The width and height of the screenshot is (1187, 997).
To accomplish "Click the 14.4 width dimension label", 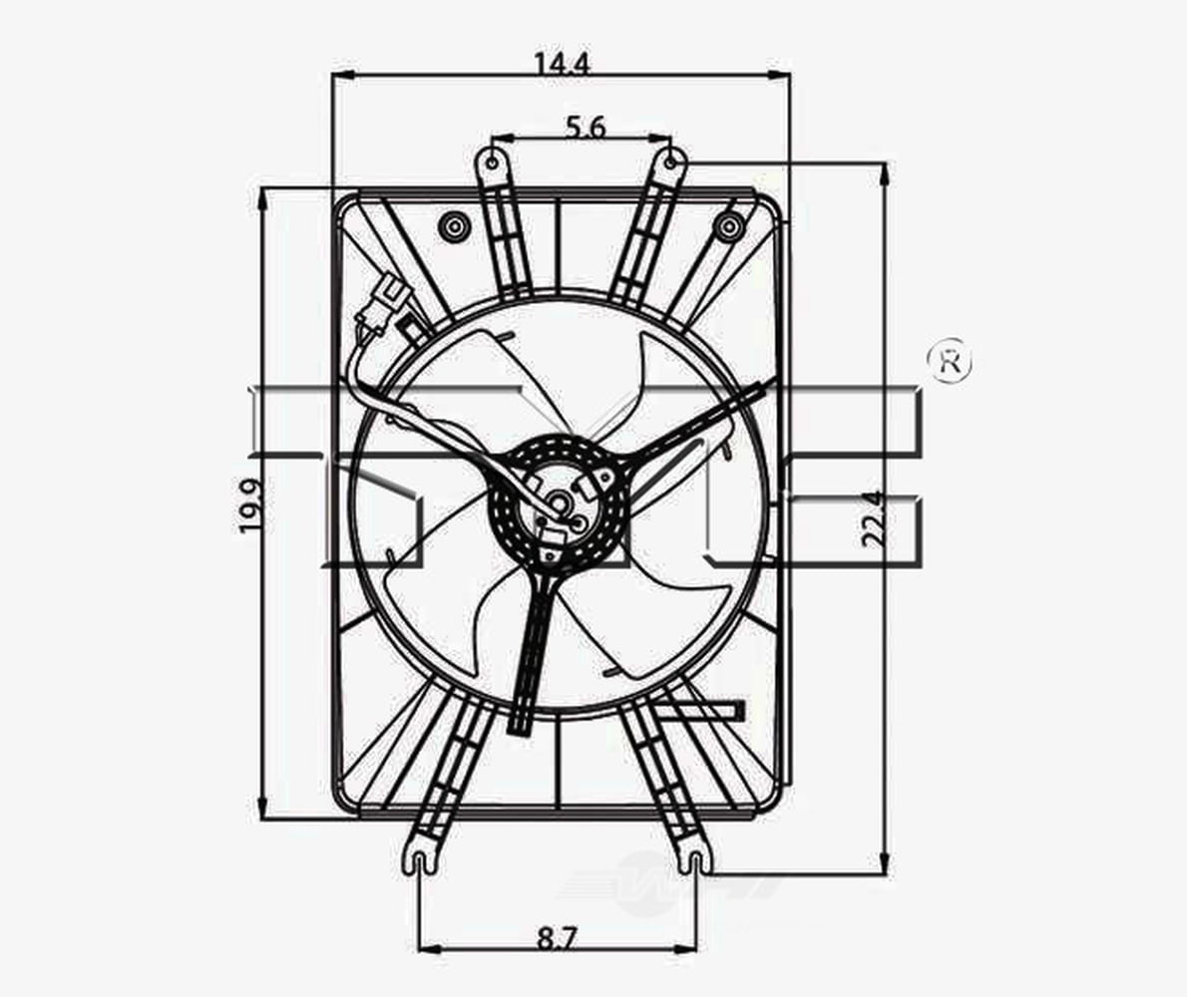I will (x=562, y=64).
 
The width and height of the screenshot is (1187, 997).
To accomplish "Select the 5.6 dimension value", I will (x=587, y=127).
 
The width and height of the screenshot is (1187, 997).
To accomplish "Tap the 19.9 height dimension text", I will (x=251, y=505).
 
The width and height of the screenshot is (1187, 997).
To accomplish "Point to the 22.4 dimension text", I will (x=874, y=518).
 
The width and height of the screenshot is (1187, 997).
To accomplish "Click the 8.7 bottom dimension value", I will (x=560, y=937).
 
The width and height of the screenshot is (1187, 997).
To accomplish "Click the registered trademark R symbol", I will (x=949, y=361).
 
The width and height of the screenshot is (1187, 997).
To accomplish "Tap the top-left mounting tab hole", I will (x=493, y=159).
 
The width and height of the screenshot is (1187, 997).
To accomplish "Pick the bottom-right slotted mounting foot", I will (x=694, y=858).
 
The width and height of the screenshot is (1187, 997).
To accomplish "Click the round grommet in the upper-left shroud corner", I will (x=454, y=227).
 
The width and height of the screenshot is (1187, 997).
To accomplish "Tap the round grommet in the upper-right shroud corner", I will (x=727, y=227).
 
